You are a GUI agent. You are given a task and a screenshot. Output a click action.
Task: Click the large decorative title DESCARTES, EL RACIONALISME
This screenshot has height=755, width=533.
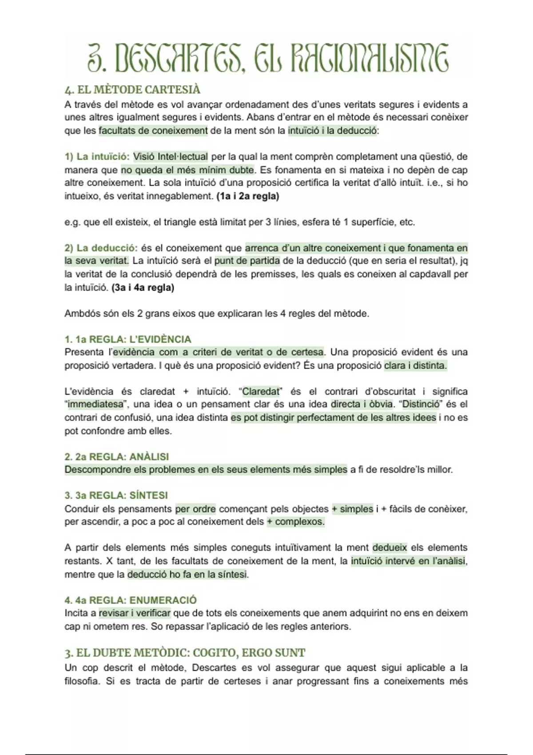pos(267,58)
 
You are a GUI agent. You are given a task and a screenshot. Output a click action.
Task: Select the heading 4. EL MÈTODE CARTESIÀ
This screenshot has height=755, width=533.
pos(132,90)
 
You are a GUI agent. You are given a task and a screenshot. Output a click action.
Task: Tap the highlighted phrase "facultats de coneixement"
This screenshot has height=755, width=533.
pos(153,131)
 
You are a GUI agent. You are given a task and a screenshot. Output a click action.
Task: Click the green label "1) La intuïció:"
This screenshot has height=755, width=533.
pos(97,156)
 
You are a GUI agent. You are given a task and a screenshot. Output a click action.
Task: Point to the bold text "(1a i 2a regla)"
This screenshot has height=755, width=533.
pos(248,196)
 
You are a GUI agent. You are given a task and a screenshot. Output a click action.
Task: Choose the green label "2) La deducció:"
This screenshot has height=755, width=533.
pos(101,248)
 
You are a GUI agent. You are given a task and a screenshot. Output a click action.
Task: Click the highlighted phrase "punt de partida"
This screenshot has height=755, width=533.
pos(247,261)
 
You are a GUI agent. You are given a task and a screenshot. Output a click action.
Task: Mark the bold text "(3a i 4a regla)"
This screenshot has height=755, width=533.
pos(143,287)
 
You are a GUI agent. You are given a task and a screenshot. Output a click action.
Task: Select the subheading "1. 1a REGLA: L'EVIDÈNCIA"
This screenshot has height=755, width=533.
pos(128,339)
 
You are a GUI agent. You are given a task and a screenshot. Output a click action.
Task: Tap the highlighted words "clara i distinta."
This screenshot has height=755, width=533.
pos(415,366)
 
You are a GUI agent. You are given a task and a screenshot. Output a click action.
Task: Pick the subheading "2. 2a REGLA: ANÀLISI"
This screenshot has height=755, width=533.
pos(116,457)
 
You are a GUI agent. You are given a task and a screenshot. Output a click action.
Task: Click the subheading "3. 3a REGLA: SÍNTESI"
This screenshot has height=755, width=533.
pos(116,495)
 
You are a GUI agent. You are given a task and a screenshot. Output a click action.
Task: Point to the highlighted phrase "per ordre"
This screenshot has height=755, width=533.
pos(195,509)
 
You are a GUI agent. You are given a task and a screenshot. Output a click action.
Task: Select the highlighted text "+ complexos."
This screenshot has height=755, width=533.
pos(295,521)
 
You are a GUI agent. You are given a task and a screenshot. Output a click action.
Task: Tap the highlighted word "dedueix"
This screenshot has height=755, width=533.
pos(390,548)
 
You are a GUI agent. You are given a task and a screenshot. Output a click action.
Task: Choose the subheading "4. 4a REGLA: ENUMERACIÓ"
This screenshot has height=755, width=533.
pos(131,600)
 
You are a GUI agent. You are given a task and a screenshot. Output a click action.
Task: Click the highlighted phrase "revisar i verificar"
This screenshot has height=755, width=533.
pos(135,613)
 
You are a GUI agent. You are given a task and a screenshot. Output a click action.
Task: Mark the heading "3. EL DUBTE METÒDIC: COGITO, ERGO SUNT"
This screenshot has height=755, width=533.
pos(185,653)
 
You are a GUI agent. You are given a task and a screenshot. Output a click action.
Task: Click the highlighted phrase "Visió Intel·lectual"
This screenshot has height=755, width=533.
pos(171,156)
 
